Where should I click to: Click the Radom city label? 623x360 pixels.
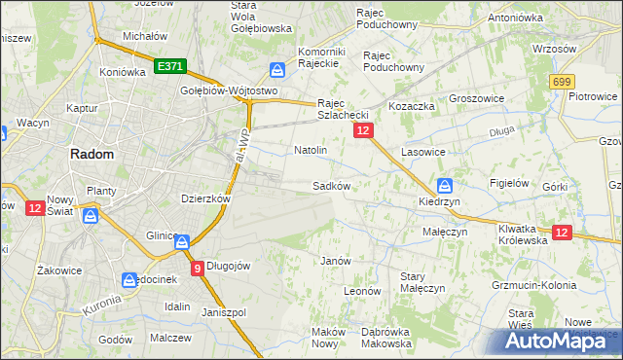pos(91,154)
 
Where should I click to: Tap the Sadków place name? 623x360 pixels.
pos(331,185)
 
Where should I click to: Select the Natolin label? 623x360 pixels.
pos(310,151)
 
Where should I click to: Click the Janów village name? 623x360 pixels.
pos(335,261)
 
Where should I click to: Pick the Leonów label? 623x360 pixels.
pos(361,290)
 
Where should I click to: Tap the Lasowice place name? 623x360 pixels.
pos(423,153)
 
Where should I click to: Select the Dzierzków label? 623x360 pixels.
pos(205,198)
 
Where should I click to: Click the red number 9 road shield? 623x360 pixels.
pos(198,269)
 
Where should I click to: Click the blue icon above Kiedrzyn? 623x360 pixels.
pos(445,184)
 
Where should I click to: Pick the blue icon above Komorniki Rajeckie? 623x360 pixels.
pos(277,70)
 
